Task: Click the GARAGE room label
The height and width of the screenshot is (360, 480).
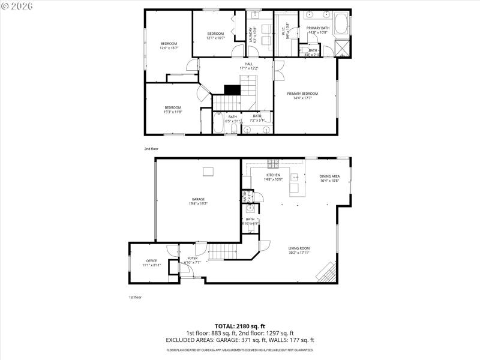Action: coord(198,199)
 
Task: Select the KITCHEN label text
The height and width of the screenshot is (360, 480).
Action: coord(273,175)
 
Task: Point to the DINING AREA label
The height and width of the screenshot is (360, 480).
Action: coord(329,175)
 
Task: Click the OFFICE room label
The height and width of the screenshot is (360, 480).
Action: coord(151,260)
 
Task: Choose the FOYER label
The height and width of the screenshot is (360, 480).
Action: coord(192,258)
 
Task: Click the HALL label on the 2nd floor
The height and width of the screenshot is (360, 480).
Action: coord(248,64)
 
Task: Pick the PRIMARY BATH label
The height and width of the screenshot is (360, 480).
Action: coord(318,28)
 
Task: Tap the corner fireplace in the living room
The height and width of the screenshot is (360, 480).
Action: coord(326,272)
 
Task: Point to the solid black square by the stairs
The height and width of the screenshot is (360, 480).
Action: coord(232,89)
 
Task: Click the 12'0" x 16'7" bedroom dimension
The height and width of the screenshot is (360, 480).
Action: coord(168,47)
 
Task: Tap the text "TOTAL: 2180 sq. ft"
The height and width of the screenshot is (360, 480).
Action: coord(239,325)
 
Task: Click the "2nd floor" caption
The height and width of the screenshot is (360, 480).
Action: coord(151,148)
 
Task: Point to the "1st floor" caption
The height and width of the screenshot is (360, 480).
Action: coord(136,297)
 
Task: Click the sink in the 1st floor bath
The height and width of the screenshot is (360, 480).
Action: coord(251,209)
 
